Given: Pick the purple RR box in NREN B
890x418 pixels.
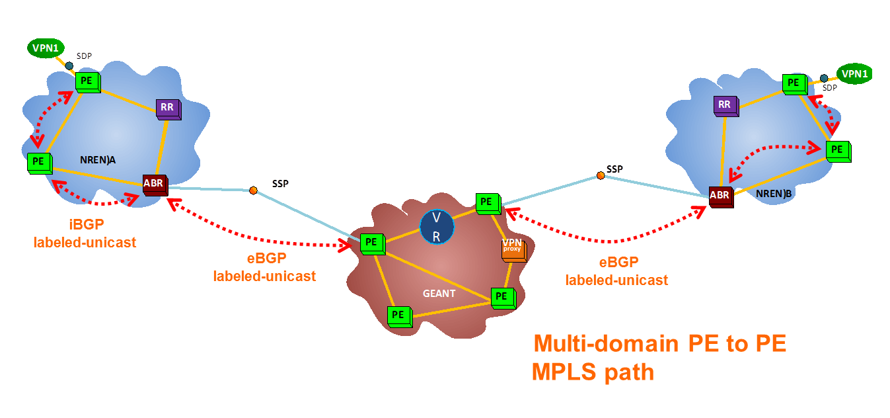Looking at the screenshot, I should [725, 104].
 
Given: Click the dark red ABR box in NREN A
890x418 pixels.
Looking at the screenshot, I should [154, 184].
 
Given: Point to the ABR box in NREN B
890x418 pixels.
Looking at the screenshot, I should [720, 196].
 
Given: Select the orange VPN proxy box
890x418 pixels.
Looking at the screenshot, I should [513, 249].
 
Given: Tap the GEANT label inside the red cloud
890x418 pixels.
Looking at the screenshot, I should [439, 293].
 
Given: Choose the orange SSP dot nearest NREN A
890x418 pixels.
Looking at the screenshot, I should [253, 190].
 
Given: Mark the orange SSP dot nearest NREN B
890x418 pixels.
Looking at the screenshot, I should [600, 175].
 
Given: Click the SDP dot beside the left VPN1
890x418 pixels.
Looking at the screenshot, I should [69, 65].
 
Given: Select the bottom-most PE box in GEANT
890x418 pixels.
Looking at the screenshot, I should [398, 315].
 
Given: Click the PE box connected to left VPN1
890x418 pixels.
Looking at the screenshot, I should [87, 81].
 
